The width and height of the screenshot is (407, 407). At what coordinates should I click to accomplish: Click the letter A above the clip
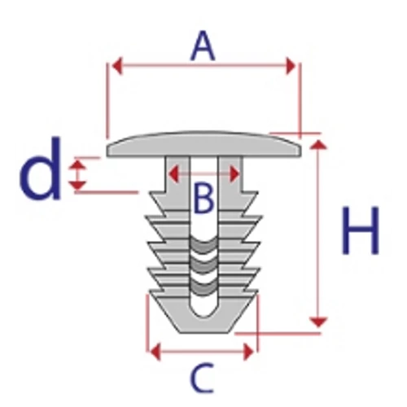[203, 46]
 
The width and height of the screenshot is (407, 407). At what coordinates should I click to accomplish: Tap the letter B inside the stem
[204, 198]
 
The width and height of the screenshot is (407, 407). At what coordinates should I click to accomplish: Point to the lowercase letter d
[40, 168]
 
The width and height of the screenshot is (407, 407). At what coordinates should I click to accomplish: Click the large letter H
[361, 230]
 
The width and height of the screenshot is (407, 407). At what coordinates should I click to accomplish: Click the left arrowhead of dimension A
[117, 65]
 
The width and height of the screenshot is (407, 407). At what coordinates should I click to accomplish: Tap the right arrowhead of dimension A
[291, 66]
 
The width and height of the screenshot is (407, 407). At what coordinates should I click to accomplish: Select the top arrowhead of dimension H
[318, 145]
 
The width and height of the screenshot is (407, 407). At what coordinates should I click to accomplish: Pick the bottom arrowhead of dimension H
[318, 322]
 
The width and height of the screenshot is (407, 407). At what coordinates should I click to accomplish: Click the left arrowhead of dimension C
[155, 352]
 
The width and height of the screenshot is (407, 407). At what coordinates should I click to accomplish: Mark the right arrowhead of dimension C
[248, 352]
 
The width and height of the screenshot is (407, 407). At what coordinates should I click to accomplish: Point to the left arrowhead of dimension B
[173, 173]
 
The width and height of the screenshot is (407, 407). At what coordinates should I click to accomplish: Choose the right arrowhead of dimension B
[234, 174]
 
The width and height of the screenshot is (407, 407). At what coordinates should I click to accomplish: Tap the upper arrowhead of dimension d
[77, 165]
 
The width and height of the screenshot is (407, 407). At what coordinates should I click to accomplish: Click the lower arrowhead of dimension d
[77, 185]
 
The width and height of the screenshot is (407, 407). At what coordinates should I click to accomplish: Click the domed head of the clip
[203, 144]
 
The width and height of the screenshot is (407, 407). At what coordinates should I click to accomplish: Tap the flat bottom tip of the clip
[204, 331]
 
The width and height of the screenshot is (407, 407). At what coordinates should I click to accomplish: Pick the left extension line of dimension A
[107, 101]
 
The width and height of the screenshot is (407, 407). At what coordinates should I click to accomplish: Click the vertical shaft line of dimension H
[318, 234]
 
